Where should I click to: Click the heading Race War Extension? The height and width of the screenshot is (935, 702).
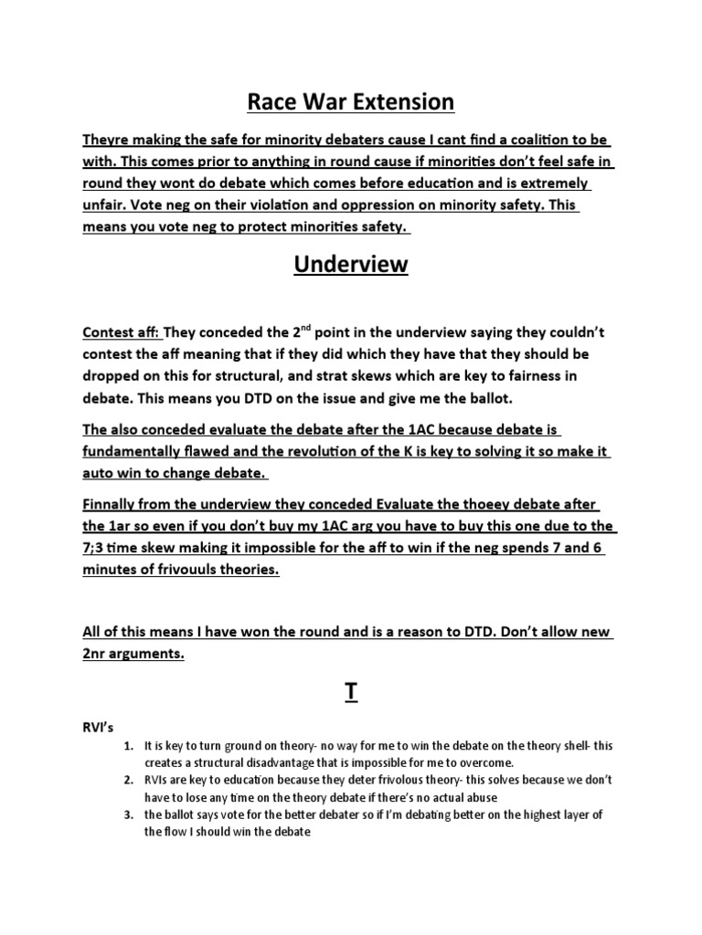click(350, 101)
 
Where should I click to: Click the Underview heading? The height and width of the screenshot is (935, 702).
click(350, 265)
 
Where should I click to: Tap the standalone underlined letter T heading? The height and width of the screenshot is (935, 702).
click(350, 693)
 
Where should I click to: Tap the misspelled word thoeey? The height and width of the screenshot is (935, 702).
click(468, 505)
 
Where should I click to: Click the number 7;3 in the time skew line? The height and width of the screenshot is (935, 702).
click(95, 548)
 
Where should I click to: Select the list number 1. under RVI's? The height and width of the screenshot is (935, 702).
click(129, 746)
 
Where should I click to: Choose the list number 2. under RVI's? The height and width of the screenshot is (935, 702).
click(129, 780)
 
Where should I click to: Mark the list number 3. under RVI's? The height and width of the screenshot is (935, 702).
click(129, 814)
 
